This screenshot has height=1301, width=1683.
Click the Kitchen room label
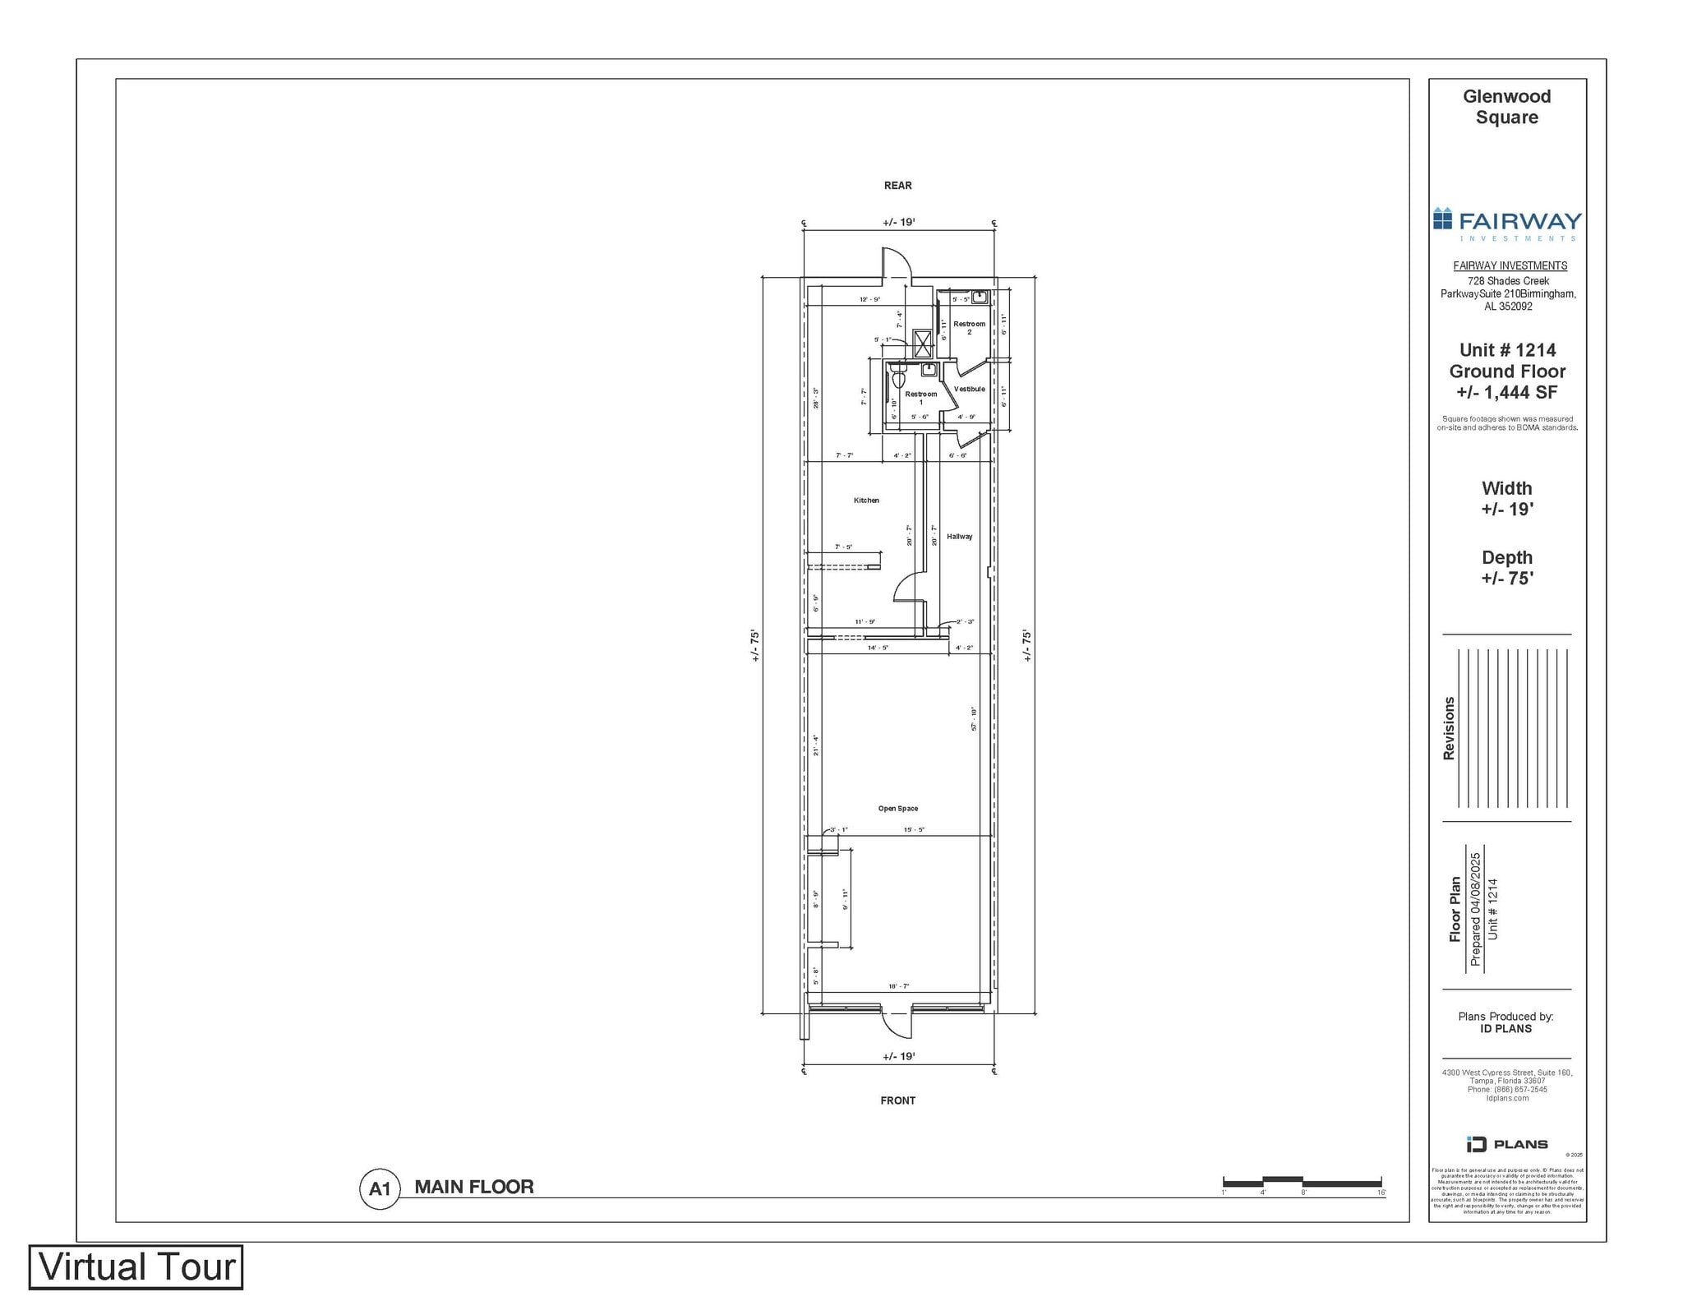tap(866, 500)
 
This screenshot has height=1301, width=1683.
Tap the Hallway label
tap(959, 537)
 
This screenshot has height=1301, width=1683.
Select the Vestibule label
tap(969, 389)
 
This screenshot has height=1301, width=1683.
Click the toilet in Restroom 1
tap(898, 381)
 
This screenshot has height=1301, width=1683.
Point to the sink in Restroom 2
tap(980, 297)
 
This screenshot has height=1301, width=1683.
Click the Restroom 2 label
tap(969, 327)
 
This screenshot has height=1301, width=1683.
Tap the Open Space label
tap(897, 808)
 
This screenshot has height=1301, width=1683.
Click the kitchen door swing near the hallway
tap(909, 588)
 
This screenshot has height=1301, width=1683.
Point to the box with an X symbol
tap(922, 342)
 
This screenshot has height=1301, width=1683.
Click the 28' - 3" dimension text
tap(815, 398)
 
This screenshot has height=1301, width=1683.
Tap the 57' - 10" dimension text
tap(974, 718)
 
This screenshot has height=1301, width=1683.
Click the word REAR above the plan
tap(897, 185)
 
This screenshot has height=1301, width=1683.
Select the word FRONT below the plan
tap(897, 1100)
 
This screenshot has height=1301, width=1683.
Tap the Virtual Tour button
tap(136, 1266)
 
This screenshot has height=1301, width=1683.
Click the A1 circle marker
tap(380, 1188)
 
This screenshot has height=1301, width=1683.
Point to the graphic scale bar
tap(1302, 1182)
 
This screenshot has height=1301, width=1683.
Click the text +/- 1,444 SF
tap(1506, 393)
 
